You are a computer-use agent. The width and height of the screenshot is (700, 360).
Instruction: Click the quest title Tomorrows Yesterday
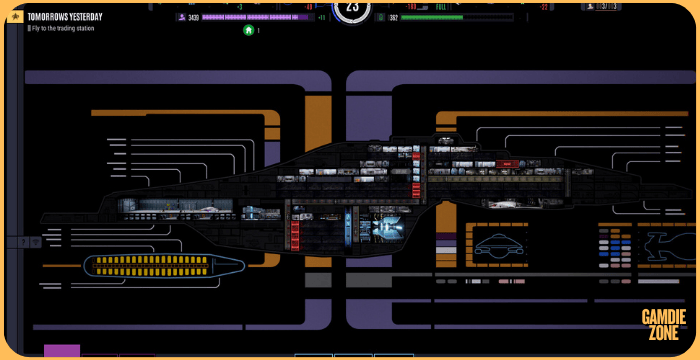(x=64, y=17)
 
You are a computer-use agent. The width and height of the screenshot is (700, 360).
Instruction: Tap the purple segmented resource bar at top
(x=258, y=17)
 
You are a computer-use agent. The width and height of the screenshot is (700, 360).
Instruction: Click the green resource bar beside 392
(x=432, y=17)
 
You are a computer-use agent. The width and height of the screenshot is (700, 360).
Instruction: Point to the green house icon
(x=248, y=30)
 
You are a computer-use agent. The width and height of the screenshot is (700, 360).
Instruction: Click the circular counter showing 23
(x=350, y=8)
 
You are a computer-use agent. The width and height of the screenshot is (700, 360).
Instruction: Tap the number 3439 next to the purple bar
(x=193, y=17)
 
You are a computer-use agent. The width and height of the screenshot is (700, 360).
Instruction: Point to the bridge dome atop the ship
(x=445, y=141)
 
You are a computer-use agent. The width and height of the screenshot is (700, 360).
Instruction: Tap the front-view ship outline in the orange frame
(x=501, y=245)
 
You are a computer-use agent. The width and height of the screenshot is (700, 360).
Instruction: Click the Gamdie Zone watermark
(x=663, y=323)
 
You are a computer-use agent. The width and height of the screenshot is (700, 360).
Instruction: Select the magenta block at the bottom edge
(x=62, y=351)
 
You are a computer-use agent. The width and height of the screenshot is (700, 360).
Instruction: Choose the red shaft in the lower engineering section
(x=294, y=234)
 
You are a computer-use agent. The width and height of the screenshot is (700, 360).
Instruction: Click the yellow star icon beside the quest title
(x=15, y=18)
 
